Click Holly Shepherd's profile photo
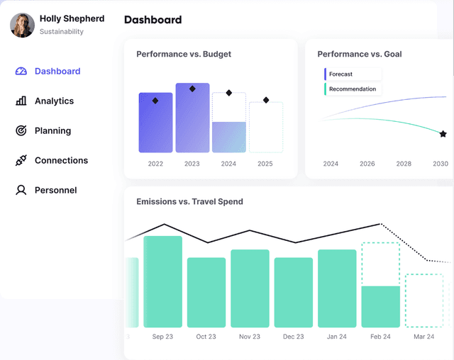[22, 25]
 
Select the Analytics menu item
[54, 101]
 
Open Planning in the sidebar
[52, 130]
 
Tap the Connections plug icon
[21, 160]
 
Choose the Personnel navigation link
[55, 190]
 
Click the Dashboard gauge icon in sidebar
[21, 71]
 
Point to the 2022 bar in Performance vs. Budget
[155, 123]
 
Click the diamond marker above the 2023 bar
[192, 89]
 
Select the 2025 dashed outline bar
[265, 128]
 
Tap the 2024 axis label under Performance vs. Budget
[228, 164]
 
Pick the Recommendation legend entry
[352, 89]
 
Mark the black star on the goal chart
[443, 134]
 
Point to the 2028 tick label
[404, 164]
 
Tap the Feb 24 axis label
[380, 337]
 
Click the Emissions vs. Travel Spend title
[189, 202]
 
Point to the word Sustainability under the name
[62, 32]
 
